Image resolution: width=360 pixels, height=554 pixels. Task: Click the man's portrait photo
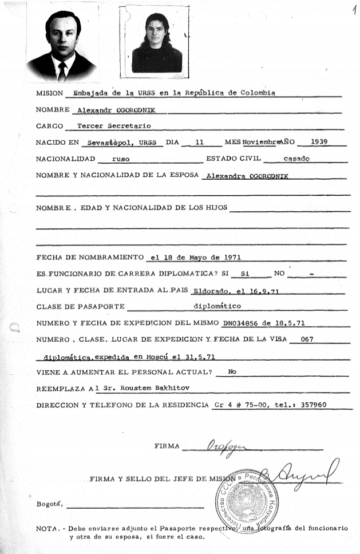[x=61, y=44]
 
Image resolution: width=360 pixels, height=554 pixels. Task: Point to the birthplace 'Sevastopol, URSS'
[x=119, y=141]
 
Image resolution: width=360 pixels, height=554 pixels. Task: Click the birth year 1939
[x=319, y=141]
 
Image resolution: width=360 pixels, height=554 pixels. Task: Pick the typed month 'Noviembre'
[x=263, y=141]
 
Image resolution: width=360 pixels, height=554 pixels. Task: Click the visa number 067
[x=307, y=339]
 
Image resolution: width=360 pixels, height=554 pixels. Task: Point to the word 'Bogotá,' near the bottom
[x=49, y=504]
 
